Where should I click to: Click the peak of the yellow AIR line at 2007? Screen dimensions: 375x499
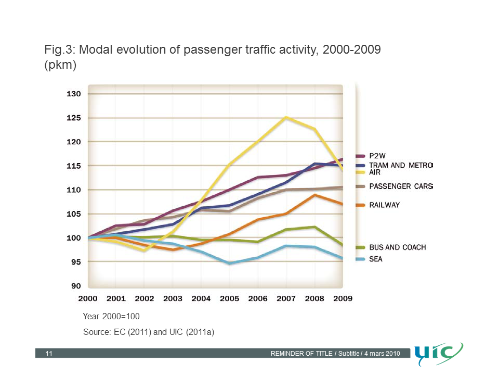(x=286, y=118)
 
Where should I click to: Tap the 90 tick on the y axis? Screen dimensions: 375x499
(x=76, y=286)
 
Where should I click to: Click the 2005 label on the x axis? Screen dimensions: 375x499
(x=229, y=299)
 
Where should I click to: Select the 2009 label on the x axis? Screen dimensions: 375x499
(x=343, y=299)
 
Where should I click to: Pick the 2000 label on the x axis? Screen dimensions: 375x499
(x=88, y=299)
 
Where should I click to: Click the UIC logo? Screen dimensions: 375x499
(x=439, y=354)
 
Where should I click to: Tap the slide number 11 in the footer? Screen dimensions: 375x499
(x=49, y=354)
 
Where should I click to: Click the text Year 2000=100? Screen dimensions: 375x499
(x=111, y=317)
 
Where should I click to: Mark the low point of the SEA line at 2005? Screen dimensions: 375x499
(x=229, y=264)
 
